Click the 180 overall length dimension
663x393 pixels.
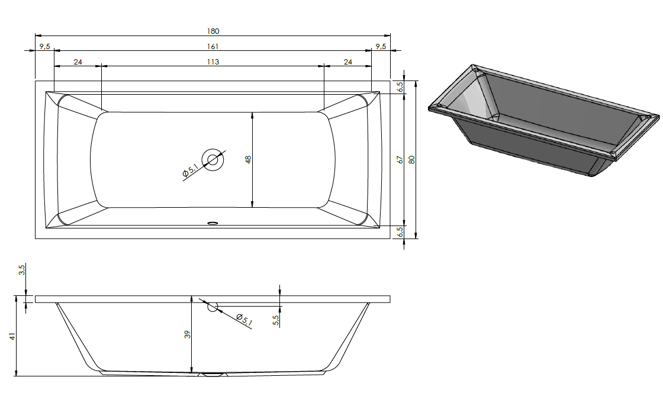tap(213, 31)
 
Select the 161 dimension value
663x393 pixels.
tap(213, 47)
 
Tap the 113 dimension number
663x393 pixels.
tap(213, 62)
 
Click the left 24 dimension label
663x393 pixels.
tap(78, 62)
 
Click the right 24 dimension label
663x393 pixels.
tap(347, 62)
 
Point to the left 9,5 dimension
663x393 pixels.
tap(45, 47)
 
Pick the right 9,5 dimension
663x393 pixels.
tap(381, 47)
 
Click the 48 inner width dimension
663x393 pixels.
tap(248, 159)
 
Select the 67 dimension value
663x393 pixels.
tap(400, 160)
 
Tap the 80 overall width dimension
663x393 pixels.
tap(412, 160)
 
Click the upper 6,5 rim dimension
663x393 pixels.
tap(400, 87)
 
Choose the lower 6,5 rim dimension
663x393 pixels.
tap(400, 231)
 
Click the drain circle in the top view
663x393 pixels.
tap(213, 159)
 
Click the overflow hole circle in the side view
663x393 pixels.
tap(213, 307)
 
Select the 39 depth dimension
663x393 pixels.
tap(188, 334)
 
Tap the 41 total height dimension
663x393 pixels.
tap(12, 336)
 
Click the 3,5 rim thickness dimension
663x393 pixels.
tap(22, 270)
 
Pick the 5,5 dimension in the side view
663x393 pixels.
tap(276, 320)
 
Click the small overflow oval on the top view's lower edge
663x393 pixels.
tap(213, 222)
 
